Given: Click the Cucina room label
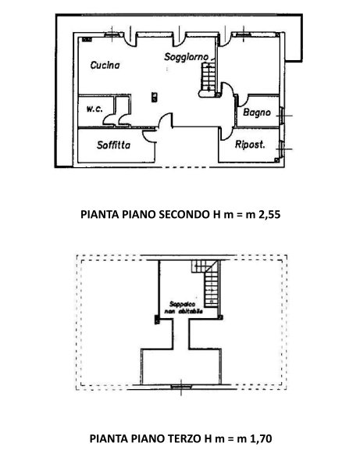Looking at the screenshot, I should (105, 66).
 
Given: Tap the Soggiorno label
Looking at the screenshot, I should (185, 57).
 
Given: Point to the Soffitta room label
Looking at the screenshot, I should (113, 145).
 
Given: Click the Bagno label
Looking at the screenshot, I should (256, 113).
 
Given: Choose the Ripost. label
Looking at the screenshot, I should (251, 145).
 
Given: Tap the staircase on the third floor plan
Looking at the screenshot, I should (210, 285).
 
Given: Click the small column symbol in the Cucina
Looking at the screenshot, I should (155, 97).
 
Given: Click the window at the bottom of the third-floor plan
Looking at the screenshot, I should (183, 384).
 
